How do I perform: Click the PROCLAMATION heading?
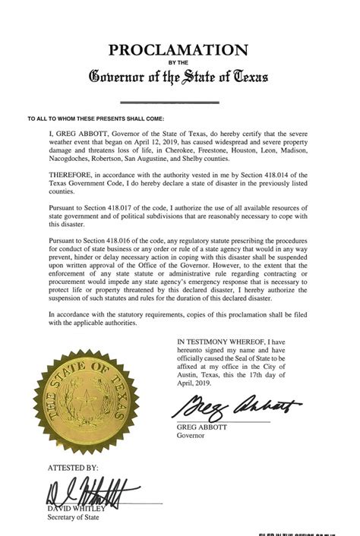pos(179,51)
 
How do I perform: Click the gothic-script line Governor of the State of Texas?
pos(179,76)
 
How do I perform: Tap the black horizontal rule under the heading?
pos(180,102)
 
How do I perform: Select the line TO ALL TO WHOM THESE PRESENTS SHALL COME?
pos(95,118)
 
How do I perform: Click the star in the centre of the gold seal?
pos(89,398)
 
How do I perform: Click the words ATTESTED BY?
pos(73,468)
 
